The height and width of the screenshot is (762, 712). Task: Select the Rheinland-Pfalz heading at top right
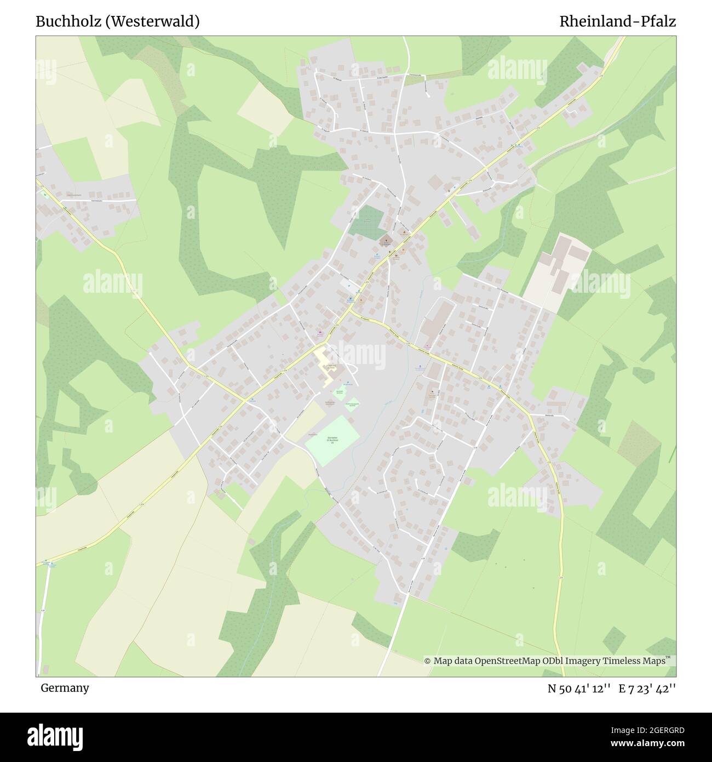(x=617, y=21)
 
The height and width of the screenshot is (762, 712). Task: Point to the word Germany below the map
(x=65, y=688)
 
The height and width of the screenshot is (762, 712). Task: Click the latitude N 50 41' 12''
(x=579, y=689)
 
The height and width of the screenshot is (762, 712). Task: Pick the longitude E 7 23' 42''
(x=647, y=689)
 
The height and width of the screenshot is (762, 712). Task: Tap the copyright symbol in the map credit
(x=428, y=661)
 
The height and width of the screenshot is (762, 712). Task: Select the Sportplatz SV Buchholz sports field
(x=332, y=441)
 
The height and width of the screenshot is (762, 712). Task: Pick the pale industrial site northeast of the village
(x=558, y=269)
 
